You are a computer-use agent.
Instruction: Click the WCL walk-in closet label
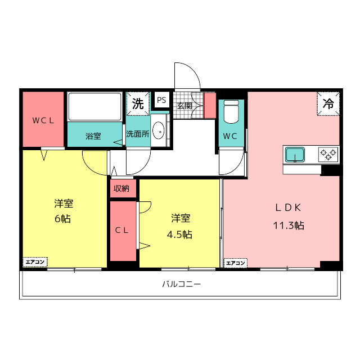43,120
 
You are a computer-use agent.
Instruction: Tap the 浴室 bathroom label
93,136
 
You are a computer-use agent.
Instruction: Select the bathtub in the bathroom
95,106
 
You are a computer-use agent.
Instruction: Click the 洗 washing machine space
138,103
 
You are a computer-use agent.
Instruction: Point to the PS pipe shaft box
161,100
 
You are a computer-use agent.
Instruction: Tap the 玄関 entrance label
184,106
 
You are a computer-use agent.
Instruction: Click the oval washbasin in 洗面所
159,130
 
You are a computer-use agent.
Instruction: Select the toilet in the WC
231,112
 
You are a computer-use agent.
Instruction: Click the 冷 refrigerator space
328,103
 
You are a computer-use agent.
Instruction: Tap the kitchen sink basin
295,155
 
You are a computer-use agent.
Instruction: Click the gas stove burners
328,155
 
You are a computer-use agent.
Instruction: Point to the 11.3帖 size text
289,226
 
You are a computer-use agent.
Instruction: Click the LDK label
288,208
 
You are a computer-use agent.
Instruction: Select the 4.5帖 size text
179,235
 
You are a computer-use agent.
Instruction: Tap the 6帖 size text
62,219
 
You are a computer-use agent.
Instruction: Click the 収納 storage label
121,188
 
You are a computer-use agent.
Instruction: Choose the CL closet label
121,230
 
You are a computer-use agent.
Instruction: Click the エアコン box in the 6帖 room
35,262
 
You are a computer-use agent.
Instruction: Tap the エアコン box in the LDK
236,263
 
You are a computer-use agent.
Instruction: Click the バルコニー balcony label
181,284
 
